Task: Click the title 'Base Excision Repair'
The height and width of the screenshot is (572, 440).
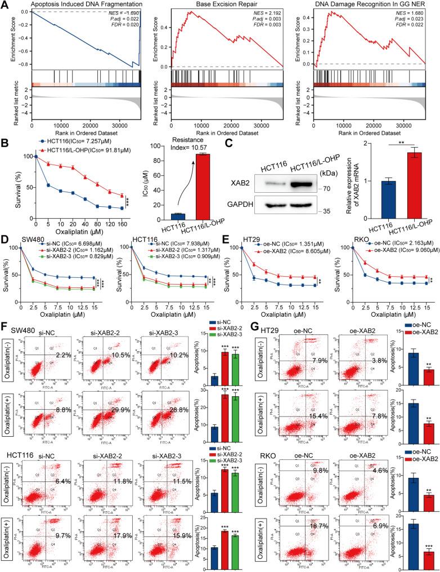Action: [x=222, y=5]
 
